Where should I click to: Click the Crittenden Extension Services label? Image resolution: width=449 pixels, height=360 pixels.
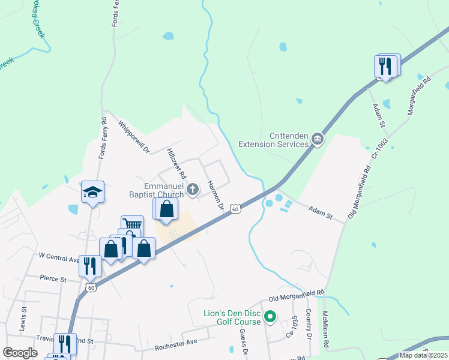(x=273, y=139)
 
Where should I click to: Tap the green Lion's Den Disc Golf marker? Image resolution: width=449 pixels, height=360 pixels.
(x=270, y=316)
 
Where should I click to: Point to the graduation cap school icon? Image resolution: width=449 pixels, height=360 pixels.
(x=93, y=193)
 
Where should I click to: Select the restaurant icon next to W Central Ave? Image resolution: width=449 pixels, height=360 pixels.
(x=90, y=265)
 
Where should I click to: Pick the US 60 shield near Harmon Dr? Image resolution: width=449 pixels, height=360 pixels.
(x=237, y=209)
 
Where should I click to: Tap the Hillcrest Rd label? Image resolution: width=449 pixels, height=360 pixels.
(x=176, y=164)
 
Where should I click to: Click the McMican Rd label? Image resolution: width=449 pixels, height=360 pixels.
(x=325, y=329)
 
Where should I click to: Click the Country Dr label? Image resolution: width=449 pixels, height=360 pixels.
(x=307, y=324)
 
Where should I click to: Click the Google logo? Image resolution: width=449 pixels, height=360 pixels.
(x=20, y=353)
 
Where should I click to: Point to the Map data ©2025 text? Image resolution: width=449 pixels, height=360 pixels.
(x=423, y=355)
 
